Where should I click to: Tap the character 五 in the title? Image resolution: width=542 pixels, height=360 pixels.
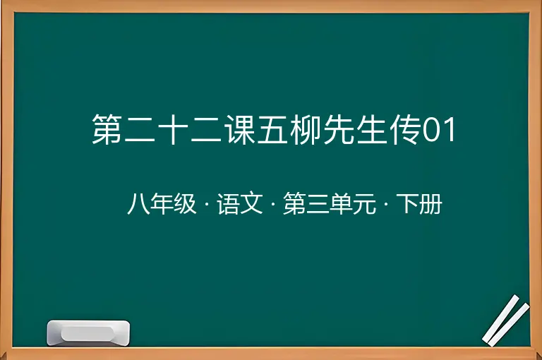tap(272, 129)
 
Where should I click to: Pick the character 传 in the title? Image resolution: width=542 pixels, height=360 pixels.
tap(406, 129)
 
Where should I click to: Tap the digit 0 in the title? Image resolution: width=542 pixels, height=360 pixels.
tap(430, 130)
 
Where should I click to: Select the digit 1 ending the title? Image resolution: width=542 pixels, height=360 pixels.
tap(450, 130)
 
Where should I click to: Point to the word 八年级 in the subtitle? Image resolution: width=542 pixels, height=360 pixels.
tap(162, 204)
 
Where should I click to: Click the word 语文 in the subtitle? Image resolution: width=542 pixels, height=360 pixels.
tap(240, 204)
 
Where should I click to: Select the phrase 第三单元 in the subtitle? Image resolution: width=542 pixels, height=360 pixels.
tap(330, 204)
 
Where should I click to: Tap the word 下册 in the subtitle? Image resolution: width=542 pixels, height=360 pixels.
tap(419, 204)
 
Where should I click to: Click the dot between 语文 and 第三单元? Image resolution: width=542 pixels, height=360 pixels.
tap(273, 204)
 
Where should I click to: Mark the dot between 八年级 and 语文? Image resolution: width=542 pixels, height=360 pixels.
tap(207, 204)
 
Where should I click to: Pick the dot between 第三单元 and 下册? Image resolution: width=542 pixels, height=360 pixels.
tap(386, 204)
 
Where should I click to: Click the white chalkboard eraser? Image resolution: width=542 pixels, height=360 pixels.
tap(88, 332)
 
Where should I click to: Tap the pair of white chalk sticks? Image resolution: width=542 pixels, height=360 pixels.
tap(505, 320)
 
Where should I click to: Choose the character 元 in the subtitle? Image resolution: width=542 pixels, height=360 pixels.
tap(365, 204)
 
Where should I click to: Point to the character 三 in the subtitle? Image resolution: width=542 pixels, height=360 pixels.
tap(318, 204)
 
